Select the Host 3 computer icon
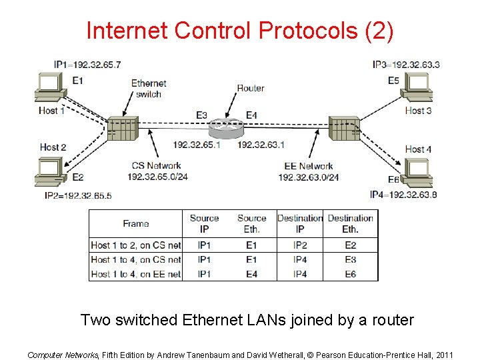(418, 87)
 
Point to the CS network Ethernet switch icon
(122, 128)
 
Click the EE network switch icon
(344, 128)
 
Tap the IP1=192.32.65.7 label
(87, 65)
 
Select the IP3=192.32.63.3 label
(405, 65)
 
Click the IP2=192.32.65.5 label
(78, 195)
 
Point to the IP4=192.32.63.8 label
(403, 195)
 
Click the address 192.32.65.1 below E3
(197, 145)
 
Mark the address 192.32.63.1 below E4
(261, 145)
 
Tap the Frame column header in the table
(136, 224)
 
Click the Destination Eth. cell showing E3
(350, 259)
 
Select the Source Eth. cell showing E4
(251, 273)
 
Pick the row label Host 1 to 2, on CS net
(136, 245)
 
